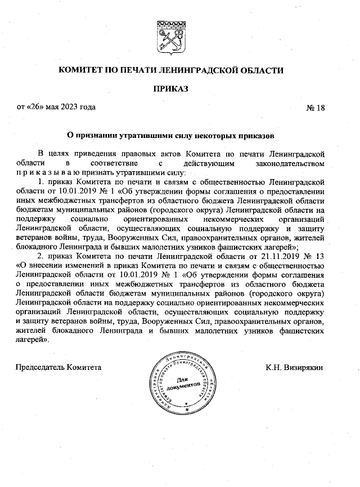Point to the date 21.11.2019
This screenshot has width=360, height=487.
tap(277, 256)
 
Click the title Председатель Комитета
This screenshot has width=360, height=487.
tap(58, 367)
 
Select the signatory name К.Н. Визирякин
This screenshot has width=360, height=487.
tap(295, 367)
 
